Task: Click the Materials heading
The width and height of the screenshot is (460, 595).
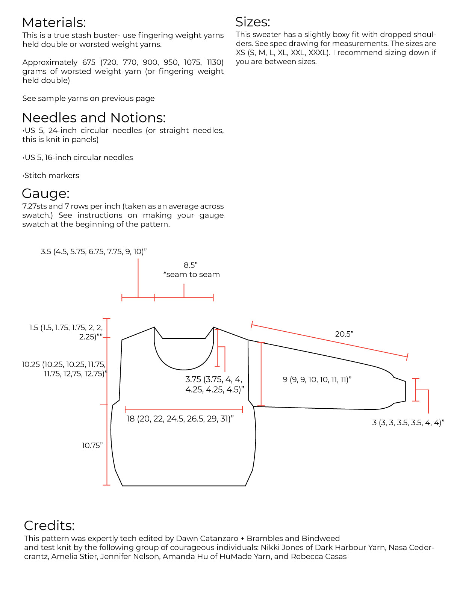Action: pyautogui.click(x=54, y=23)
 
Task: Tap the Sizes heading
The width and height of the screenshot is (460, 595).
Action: pyautogui.click(x=253, y=22)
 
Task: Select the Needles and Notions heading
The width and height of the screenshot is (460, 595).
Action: pyautogui.click(x=94, y=118)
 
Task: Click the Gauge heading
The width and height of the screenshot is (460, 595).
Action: pyautogui.click(x=45, y=193)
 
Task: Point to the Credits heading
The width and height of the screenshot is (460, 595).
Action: pyautogui.click(x=49, y=525)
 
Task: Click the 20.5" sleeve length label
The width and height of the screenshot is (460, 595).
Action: pyautogui.click(x=344, y=334)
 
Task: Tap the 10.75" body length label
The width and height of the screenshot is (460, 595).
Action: pyautogui.click(x=92, y=445)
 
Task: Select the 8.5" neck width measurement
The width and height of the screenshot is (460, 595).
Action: pyautogui.click(x=191, y=265)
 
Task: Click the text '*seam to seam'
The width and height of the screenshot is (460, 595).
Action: pyautogui.click(x=191, y=275)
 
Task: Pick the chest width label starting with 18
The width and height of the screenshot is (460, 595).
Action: pyautogui.click(x=180, y=419)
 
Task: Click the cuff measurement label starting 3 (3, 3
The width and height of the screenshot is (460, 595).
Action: pyautogui.click(x=408, y=423)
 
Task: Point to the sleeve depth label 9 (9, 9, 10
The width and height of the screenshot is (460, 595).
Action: pyautogui.click(x=317, y=380)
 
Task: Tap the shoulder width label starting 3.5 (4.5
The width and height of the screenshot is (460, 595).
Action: pyautogui.click(x=94, y=252)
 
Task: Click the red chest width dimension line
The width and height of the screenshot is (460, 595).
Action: pyautogui.click(x=184, y=409)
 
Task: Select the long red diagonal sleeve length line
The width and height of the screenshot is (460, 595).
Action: pyautogui.click(x=329, y=340)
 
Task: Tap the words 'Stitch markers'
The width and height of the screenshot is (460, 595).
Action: pyautogui.click(x=51, y=175)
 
